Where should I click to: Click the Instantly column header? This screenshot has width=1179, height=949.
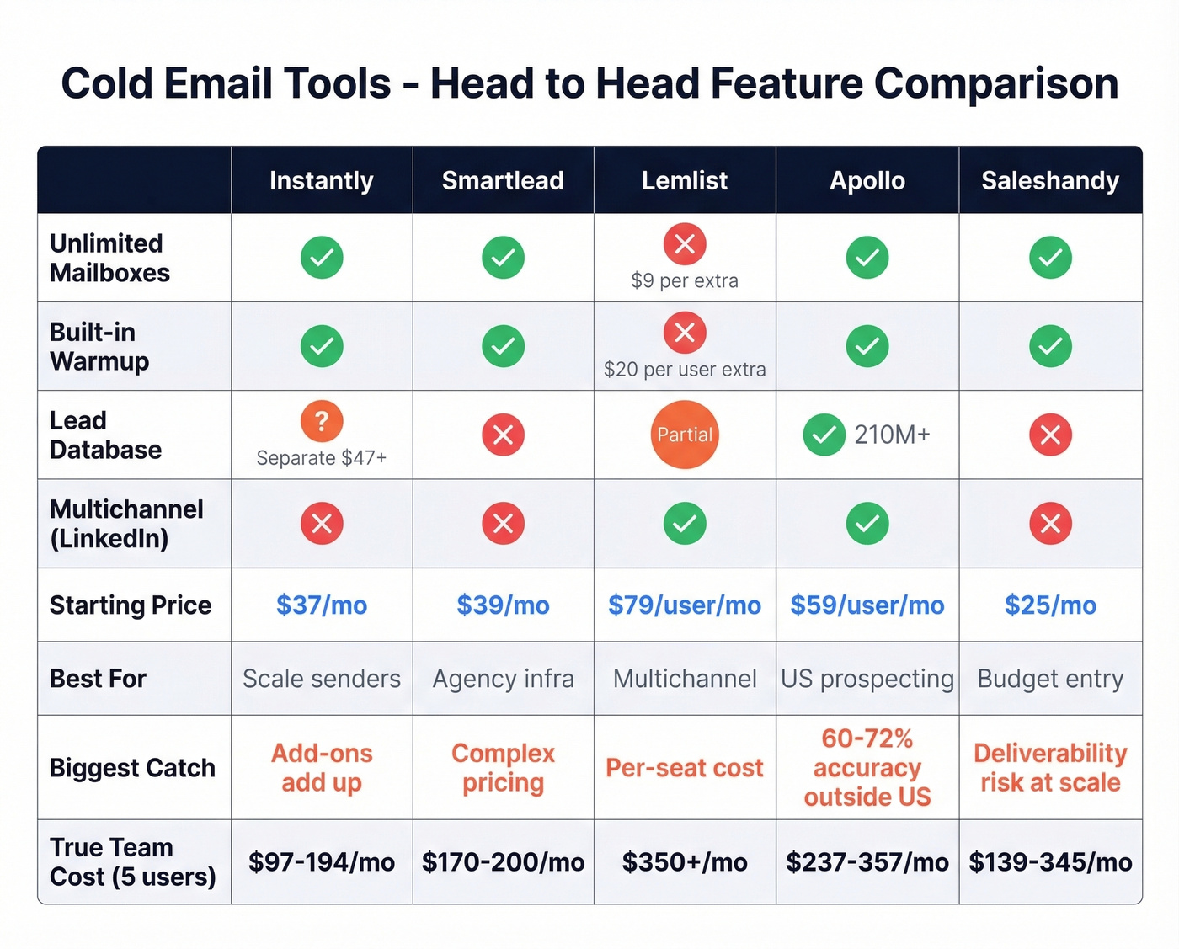321,180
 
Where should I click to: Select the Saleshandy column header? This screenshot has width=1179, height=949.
1050,180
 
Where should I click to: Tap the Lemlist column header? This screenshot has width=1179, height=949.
684,180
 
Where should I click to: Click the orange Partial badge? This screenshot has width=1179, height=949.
685,435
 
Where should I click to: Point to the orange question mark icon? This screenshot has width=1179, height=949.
322,421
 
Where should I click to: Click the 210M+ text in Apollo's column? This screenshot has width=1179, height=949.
892,435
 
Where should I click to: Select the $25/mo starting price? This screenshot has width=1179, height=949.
1050,605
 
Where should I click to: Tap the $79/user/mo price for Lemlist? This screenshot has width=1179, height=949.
684,605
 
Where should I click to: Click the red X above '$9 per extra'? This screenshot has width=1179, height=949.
685,244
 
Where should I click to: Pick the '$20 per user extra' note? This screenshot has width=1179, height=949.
685,369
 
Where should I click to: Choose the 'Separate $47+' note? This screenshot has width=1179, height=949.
322,457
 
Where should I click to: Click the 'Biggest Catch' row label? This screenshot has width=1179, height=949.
132,768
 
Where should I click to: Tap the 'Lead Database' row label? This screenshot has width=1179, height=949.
105,435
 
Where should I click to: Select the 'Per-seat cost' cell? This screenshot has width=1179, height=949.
684,768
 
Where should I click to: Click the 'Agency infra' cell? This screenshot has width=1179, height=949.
503,679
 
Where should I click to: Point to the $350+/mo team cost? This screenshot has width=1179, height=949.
684,862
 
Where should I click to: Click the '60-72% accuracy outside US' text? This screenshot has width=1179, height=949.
867,768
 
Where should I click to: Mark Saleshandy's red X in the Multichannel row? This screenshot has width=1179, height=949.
1050,524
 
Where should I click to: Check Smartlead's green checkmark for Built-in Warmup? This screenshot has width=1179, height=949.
503,346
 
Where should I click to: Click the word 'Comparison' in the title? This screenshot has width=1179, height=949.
995,83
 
